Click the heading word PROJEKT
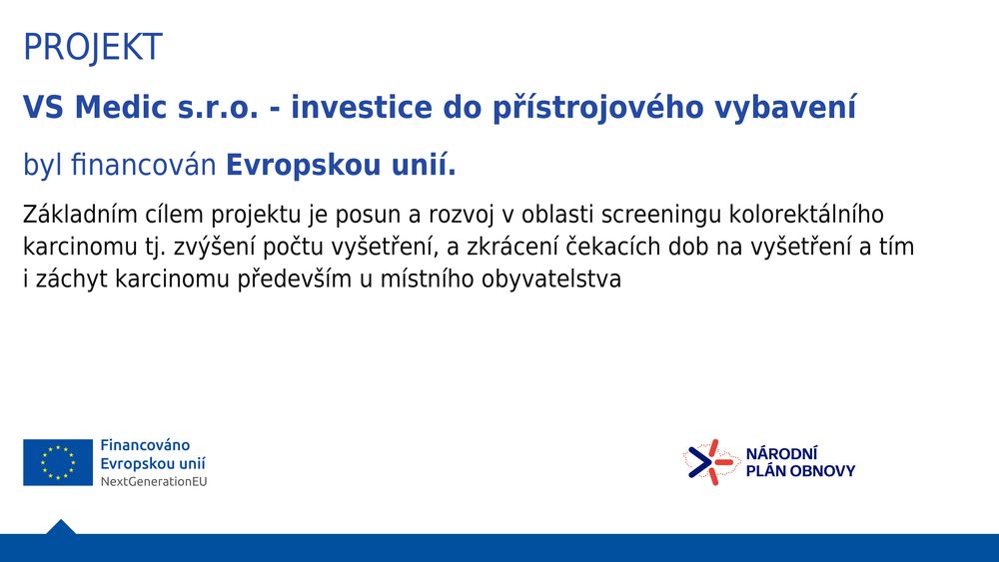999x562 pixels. point(93,47)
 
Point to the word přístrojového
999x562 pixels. point(597,108)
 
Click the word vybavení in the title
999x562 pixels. point(785,108)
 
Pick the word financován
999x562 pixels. point(143,165)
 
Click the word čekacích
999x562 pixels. point(612,247)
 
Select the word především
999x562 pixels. point(295,280)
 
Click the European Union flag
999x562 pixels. point(58,462)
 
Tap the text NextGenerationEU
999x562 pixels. point(154,482)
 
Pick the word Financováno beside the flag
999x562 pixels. point(145,445)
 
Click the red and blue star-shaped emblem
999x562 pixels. point(711,462)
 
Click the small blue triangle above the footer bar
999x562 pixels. point(61,527)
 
